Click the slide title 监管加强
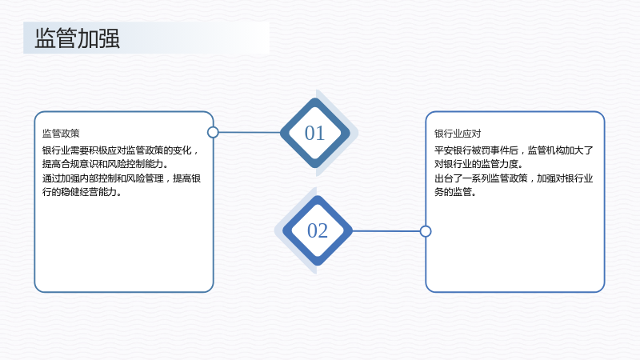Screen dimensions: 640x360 [x=77, y=38]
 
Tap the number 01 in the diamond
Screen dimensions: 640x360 [x=314, y=133]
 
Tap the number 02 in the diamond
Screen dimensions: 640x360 [x=318, y=230]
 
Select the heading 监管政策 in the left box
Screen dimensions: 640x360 [x=61, y=133]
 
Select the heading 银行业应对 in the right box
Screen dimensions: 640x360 [x=458, y=134]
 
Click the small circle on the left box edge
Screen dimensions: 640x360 [x=213, y=132]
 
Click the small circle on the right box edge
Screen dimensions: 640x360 [x=426, y=231]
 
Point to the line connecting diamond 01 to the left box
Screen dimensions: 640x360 [x=250, y=132]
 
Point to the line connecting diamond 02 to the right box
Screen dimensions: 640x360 [x=386, y=231]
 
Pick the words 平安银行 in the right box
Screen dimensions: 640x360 [x=453, y=150]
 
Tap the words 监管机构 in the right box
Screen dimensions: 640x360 [x=546, y=150]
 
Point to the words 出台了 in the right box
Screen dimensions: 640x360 [x=448, y=178]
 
